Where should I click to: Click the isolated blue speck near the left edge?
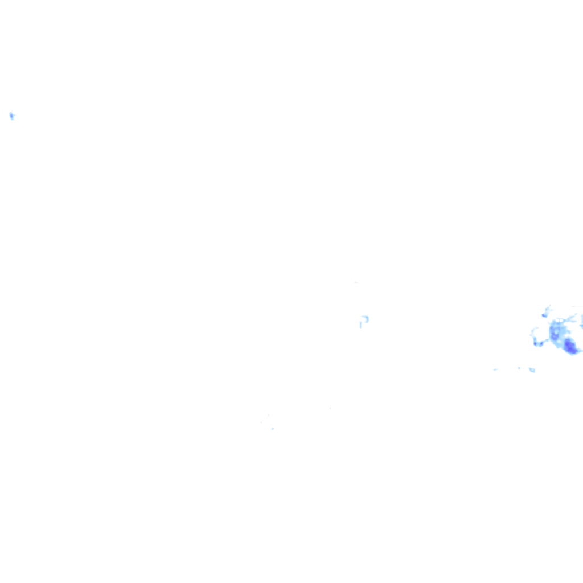point(11,116)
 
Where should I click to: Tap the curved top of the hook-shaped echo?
point(364,317)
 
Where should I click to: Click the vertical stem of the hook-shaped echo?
point(360,324)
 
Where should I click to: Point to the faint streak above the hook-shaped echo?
point(356,282)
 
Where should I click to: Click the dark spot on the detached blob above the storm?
point(544,315)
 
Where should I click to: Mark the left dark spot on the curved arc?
point(535,343)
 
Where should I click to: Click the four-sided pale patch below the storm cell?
point(532,370)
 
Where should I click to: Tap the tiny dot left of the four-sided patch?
point(519,368)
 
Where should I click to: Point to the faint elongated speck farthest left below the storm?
point(495,369)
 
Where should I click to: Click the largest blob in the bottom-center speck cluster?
point(272,429)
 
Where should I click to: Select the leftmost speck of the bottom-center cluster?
point(261,422)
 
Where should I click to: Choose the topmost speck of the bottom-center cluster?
point(268,416)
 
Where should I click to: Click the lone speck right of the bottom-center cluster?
point(330,408)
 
